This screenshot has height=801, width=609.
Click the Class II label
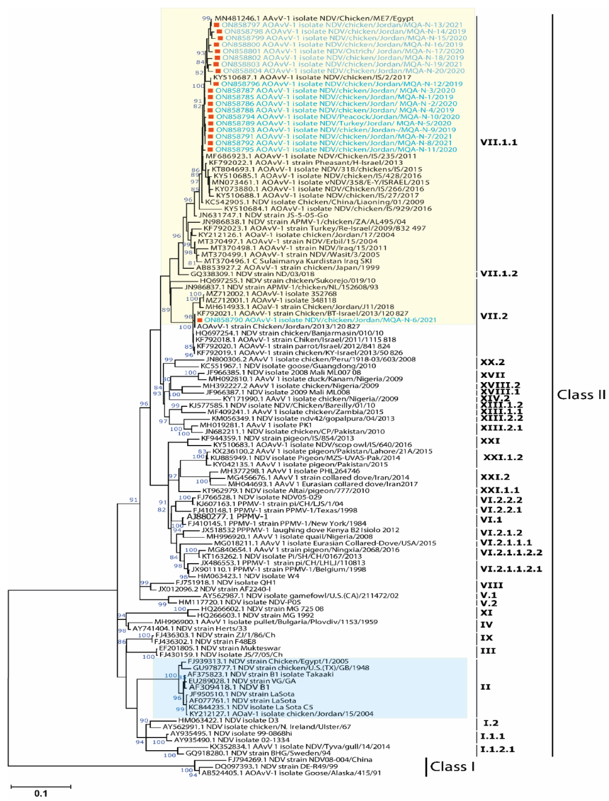click(x=581, y=395)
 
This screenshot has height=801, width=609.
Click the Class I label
click(x=452, y=766)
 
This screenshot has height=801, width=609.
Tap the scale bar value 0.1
click(x=41, y=793)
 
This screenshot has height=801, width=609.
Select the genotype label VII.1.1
click(x=499, y=142)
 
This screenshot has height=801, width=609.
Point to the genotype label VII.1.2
click(x=499, y=274)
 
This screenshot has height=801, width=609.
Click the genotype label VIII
click(x=491, y=585)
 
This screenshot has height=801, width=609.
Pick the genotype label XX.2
click(x=492, y=362)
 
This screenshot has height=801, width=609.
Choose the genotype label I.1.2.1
click(x=497, y=750)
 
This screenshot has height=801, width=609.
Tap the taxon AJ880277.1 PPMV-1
click(x=227, y=516)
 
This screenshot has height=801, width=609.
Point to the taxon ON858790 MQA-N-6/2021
click(x=320, y=320)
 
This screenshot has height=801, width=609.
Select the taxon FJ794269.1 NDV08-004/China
click(x=300, y=759)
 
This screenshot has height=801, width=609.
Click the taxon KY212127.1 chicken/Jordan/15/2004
click(x=281, y=714)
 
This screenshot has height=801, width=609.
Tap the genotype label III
click(x=487, y=651)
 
